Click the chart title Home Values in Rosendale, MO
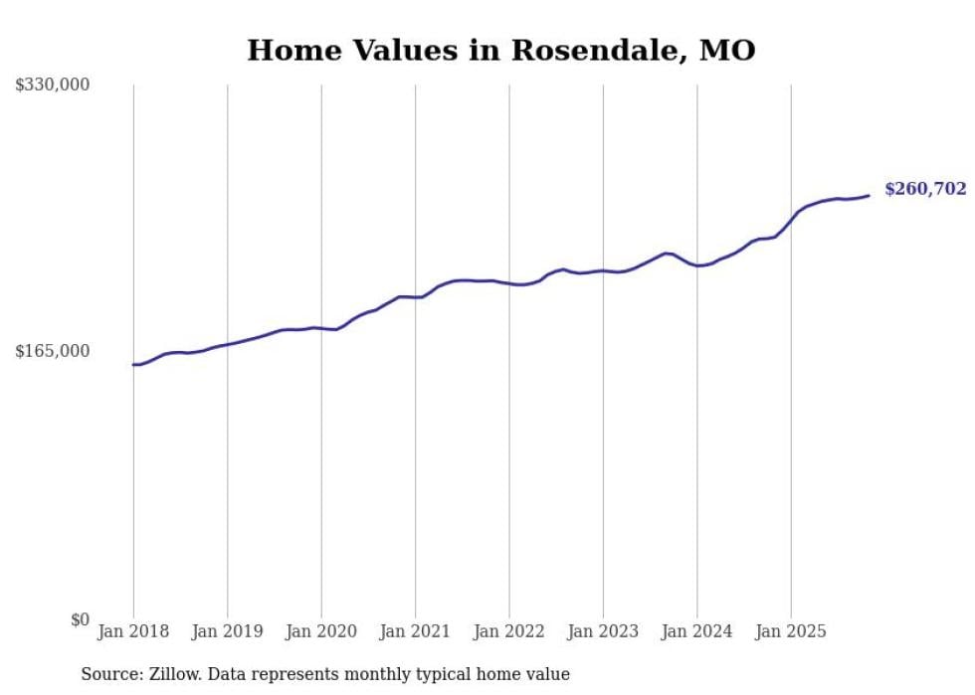(500, 50)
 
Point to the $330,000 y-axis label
(53, 86)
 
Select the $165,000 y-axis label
(53, 351)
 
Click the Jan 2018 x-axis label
(133, 631)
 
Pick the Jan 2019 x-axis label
(227, 631)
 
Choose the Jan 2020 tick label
(321, 631)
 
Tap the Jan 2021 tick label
(415, 631)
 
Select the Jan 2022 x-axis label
(509, 631)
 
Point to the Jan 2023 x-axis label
(603, 631)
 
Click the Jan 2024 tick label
(697, 631)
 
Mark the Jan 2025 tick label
(791, 631)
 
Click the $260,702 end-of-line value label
(925, 189)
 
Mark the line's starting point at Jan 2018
(133, 365)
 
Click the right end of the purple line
(870, 195)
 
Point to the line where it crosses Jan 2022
(509, 283)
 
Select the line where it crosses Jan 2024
(697, 265)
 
